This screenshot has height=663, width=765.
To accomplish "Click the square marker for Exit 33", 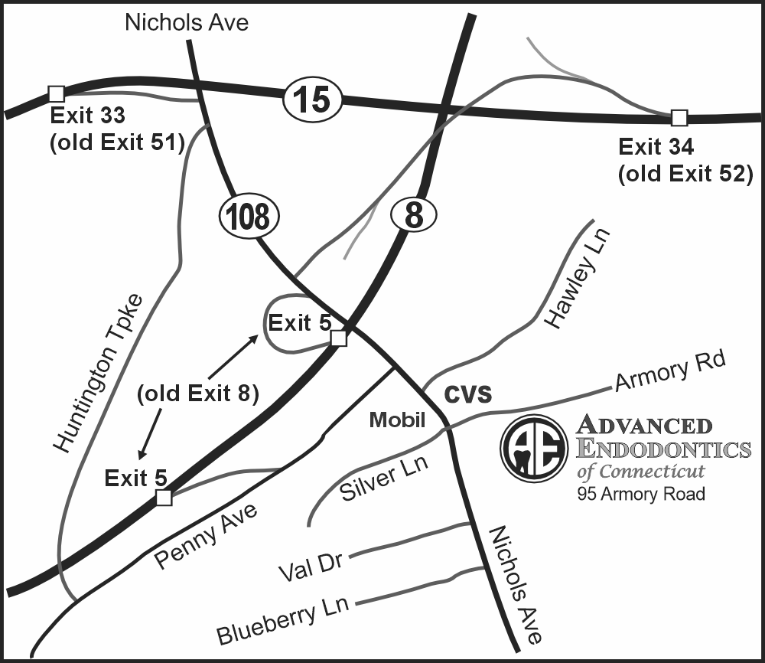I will click(56, 93).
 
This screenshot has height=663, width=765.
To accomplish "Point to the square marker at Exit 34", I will click(679, 117).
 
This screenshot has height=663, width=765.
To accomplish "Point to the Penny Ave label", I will click(205, 534).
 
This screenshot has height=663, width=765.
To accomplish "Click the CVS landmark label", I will click(467, 394).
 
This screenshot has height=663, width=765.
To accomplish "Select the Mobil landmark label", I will click(397, 420).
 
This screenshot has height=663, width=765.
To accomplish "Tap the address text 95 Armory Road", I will click(641, 494).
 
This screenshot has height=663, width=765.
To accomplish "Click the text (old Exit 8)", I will click(197, 394).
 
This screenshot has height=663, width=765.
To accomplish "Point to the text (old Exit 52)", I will click(685, 174).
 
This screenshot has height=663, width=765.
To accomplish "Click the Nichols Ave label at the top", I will click(187, 23).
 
